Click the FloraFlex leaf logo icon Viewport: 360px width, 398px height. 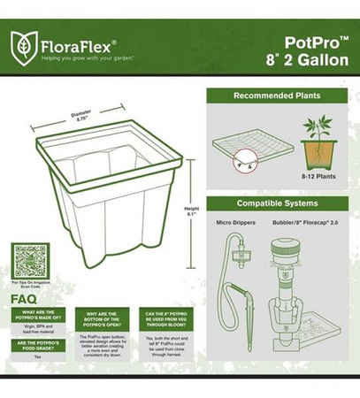[23, 44]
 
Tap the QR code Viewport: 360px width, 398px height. [30, 260]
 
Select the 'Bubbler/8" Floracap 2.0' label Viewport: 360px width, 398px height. [306, 223]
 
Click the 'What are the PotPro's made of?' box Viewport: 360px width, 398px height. [42, 316]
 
